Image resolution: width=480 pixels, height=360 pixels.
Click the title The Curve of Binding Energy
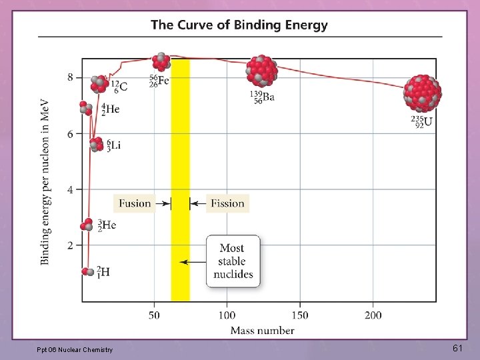pyautogui.click(x=239, y=25)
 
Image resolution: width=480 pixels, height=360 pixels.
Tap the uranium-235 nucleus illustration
pyautogui.click(x=423, y=93)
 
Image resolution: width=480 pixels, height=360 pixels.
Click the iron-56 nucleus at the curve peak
pyautogui.click(x=161, y=62)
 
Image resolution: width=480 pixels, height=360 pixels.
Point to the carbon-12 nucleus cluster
pyautogui.click(x=99, y=83)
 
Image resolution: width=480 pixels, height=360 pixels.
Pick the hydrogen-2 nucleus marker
pyautogui.click(x=87, y=272)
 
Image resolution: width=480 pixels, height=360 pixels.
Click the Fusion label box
pyautogui.click(x=135, y=203)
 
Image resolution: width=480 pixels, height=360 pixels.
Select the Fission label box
pyautogui.click(x=227, y=203)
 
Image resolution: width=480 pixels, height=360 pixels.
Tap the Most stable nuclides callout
pyautogui.click(x=232, y=261)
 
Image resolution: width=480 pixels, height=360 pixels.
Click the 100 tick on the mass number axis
pyautogui.click(x=227, y=315)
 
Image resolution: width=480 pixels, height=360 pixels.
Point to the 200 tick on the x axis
pyautogui.click(x=373, y=315)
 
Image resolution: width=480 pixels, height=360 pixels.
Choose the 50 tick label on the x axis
pyautogui.click(x=154, y=315)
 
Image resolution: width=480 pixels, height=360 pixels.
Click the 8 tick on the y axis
pyautogui.click(x=70, y=77)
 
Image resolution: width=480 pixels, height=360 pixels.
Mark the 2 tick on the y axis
pyautogui.click(x=70, y=245)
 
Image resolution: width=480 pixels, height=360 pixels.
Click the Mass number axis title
pyautogui.click(x=262, y=330)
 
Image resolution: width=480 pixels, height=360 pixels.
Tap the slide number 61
pyautogui.click(x=457, y=348)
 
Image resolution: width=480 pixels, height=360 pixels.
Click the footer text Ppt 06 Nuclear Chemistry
pyautogui.click(x=75, y=349)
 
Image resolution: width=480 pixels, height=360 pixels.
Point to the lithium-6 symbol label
pyautogui.click(x=112, y=145)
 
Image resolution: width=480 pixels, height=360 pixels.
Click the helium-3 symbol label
pyautogui.click(x=107, y=225)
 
